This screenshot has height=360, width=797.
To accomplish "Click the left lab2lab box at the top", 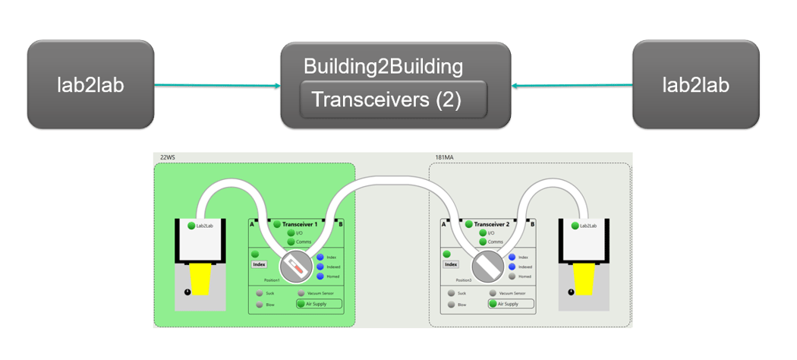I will pos(90,84).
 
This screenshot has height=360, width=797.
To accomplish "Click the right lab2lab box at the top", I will pos(695,84).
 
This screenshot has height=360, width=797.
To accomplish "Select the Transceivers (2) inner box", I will pos(393,100).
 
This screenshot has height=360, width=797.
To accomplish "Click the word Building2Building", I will pos(383,66).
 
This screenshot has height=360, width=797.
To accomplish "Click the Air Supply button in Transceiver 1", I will pos(319,304).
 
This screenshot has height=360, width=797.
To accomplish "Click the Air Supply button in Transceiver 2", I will pos(511,304).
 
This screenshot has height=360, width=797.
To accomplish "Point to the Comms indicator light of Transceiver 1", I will pos(291,242).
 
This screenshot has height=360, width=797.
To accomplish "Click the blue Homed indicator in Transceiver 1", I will pos(320,276).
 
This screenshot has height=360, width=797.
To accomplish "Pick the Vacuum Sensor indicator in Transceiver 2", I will pos(493,292).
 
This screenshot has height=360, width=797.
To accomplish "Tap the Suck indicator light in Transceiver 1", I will pos(260,292).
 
